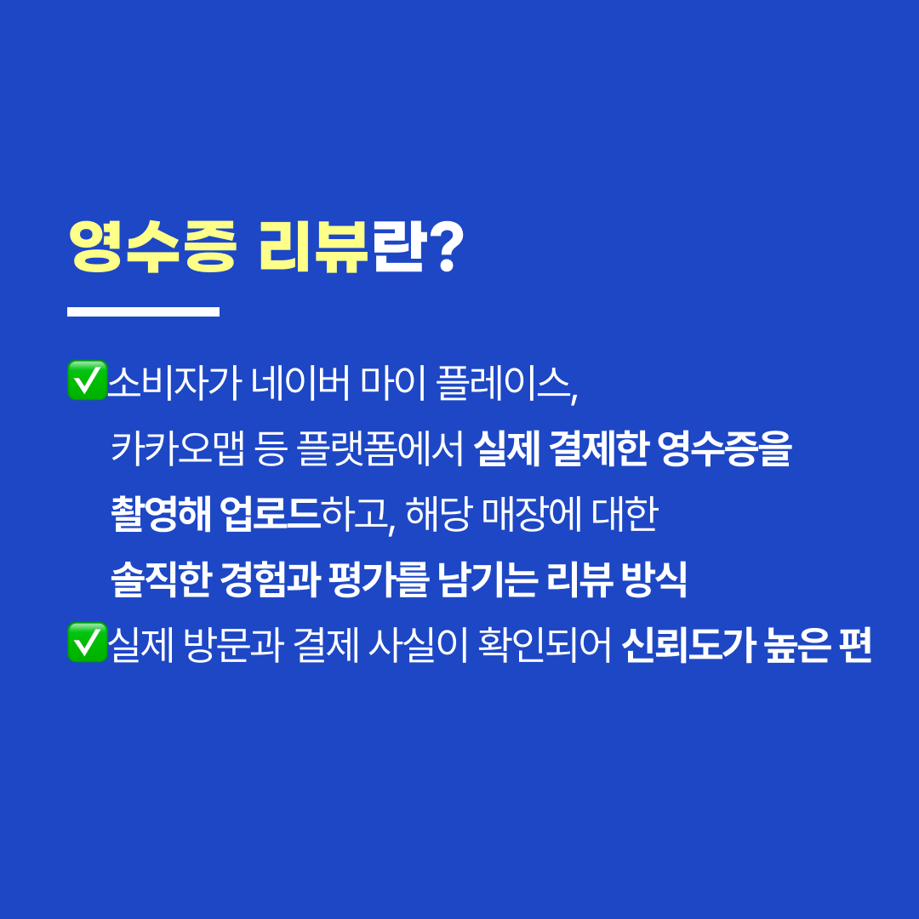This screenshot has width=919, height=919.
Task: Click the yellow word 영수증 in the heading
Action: coord(152,247)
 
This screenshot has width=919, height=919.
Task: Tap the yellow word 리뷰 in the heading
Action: coord(313,247)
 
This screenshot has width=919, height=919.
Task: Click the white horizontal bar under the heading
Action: coord(144,311)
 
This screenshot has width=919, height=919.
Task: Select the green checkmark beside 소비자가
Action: coord(88,380)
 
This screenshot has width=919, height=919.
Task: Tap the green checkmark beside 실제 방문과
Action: coord(88,642)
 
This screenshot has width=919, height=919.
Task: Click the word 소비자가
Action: coord(174,383)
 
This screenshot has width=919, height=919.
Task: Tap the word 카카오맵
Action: coord(178,448)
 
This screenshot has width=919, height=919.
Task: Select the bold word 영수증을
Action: coord(724,448)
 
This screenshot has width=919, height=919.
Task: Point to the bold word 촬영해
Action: coord(161,514)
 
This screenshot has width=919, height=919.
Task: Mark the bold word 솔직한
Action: coord(161,579)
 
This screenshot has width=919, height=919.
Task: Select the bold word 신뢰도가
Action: coord(688,645)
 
